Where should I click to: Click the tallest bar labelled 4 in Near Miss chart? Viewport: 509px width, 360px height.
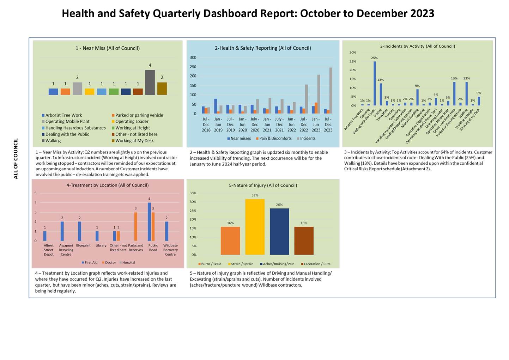150,82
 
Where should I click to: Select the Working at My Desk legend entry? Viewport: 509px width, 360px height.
134,141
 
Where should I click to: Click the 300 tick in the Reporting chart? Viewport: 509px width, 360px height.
193,57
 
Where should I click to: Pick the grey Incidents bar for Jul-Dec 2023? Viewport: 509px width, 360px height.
331,90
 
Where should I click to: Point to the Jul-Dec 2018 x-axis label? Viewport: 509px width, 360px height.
206,124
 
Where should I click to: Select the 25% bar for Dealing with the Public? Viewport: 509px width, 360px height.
375,84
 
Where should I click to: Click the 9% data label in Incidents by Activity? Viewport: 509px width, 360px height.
417,86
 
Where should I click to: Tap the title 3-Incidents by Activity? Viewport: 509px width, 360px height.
417,46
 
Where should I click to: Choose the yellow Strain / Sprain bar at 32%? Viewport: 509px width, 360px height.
255,227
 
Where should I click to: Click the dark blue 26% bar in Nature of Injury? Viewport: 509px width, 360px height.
279,231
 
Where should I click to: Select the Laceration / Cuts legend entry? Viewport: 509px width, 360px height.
317,264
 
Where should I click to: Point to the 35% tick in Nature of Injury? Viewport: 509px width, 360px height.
193,193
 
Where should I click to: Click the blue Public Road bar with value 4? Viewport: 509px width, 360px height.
149,221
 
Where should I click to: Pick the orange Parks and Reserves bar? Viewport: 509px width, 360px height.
135,226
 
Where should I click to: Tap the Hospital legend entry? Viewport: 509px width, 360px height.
128,263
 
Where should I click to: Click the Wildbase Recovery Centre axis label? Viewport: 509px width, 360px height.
170,250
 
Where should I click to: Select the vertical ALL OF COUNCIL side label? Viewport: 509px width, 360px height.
16,159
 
